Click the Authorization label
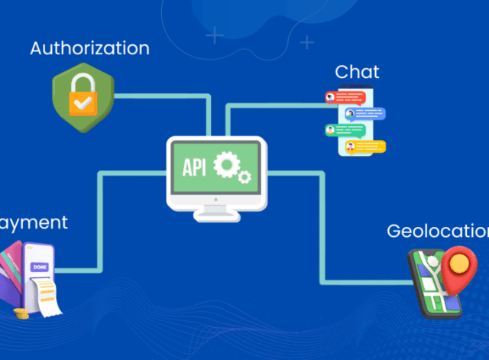(89, 48)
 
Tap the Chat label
(357, 73)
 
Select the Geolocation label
(436, 231)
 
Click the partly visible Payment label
(34, 222)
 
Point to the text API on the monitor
(195, 167)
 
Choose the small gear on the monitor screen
(244, 177)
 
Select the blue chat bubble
(365, 114)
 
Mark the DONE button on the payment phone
(39, 267)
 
